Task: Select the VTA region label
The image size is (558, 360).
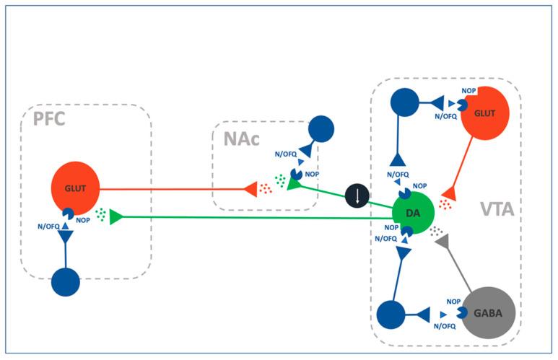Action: tap(497, 210)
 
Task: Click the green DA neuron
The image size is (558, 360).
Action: tap(412, 213)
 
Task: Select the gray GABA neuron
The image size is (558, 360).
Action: tap(487, 313)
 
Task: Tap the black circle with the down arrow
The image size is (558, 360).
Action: tap(357, 196)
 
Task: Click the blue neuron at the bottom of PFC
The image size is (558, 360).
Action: tap(66, 281)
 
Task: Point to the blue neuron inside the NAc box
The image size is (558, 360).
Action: tap(321, 129)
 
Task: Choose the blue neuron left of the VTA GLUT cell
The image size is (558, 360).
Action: tap(404, 102)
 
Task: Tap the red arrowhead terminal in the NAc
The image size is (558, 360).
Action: tap(250, 190)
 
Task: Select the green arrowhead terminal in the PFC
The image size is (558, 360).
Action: tap(115, 216)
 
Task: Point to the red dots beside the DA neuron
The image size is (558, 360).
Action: tap(445, 203)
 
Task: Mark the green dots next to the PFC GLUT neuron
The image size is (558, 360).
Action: tap(101, 214)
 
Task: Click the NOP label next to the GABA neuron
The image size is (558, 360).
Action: tap(453, 302)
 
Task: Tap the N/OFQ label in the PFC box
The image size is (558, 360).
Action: tap(49, 227)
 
